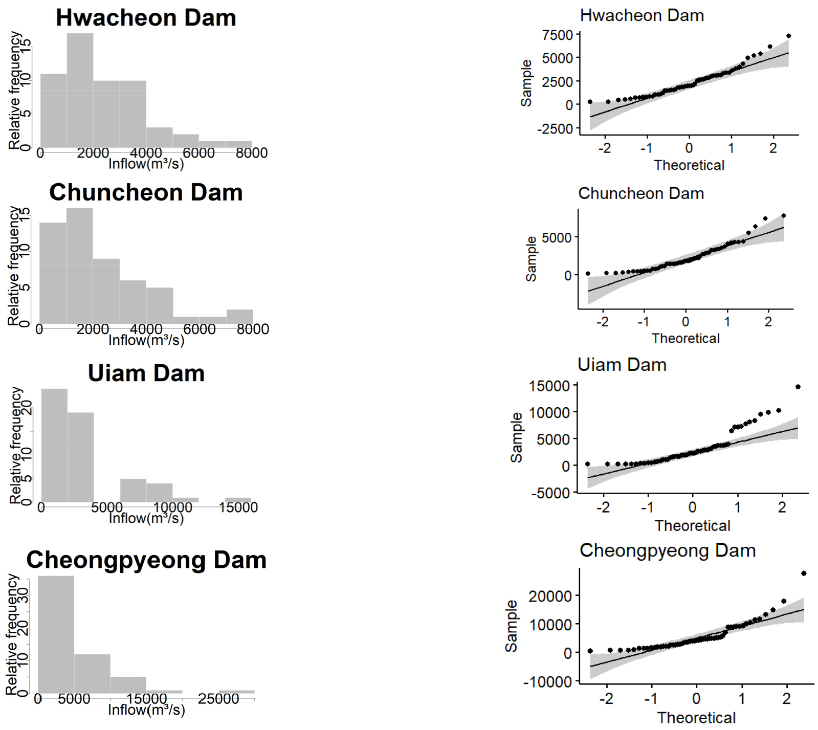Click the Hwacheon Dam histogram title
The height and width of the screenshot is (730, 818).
(x=146, y=18)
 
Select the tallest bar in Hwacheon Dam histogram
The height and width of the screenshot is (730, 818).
(x=80, y=90)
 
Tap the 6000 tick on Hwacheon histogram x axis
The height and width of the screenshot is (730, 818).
(x=198, y=153)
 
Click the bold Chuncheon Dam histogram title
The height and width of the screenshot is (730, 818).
(x=146, y=193)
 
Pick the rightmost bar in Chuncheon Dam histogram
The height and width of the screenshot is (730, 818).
(x=239, y=316)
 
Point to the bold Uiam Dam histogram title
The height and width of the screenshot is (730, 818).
(x=146, y=373)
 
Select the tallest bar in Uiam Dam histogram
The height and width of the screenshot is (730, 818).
(x=54, y=445)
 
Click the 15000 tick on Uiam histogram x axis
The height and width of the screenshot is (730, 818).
(x=238, y=507)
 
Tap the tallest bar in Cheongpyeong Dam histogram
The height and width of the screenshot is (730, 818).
(x=56, y=634)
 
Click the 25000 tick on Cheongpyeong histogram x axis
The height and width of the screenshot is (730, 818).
(x=218, y=699)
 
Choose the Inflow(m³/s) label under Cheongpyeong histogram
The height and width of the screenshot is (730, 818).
(x=146, y=710)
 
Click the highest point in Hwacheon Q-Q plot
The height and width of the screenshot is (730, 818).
(x=788, y=36)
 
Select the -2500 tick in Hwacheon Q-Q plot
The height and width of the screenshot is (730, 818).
(x=555, y=129)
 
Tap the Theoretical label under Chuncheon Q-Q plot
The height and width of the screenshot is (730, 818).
(x=686, y=339)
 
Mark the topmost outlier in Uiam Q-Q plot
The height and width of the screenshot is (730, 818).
(x=798, y=387)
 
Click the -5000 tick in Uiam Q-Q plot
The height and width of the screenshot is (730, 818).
(x=550, y=493)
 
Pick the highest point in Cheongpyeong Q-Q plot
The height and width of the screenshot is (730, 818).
(x=804, y=573)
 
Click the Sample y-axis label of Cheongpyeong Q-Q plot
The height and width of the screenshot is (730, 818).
(x=511, y=626)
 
